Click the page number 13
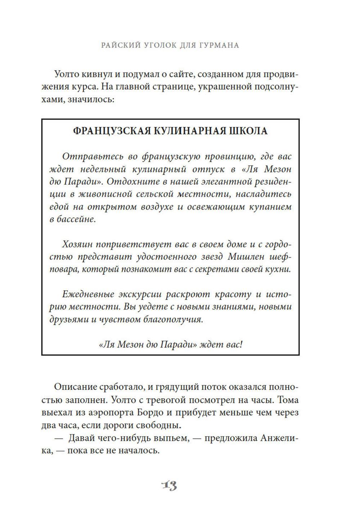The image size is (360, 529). point(169,486)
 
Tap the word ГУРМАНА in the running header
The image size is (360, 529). point(216,45)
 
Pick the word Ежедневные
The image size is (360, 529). point(87,294)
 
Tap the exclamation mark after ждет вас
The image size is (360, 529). point(241,344)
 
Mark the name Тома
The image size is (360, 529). point(289,400)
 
